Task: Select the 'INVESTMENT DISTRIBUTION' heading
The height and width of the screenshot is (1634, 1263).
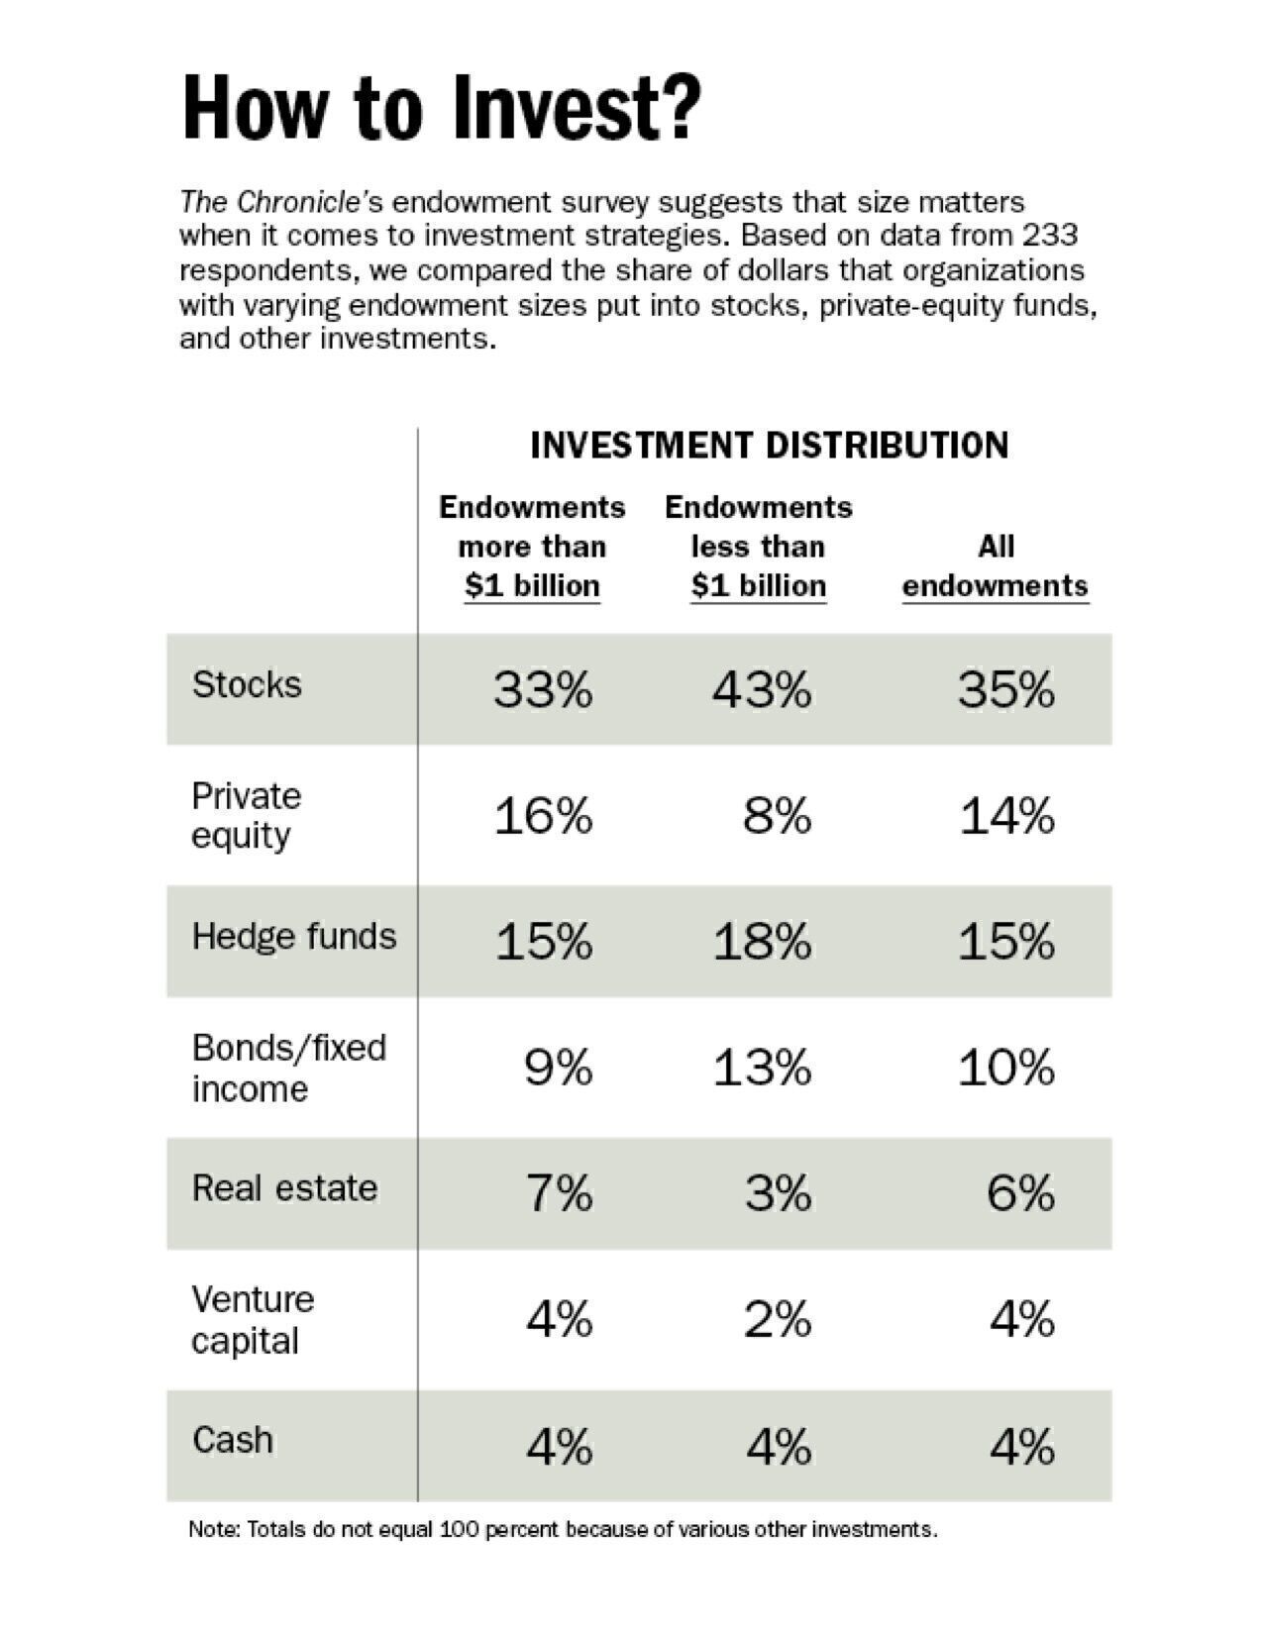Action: click(x=769, y=445)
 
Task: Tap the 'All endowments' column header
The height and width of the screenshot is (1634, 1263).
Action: click(x=995, y=565)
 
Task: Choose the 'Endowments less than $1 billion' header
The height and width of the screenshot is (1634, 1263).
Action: click(x=758, y=546)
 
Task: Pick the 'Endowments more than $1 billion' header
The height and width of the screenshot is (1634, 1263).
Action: click(x=532, y=546)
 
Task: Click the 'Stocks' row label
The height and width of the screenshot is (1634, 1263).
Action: click(x=247, y=684)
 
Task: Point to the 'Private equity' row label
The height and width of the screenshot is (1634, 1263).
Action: click(x=246, y=815)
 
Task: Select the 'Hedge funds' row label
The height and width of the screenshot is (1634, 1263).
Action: click(x=293, y=936)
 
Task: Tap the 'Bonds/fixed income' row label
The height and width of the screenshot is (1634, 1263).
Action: click(x=288, y=1068)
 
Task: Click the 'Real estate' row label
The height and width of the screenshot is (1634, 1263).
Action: click(x=284, y=1187)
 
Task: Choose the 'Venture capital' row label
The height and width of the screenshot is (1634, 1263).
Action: click(x=252, y=1319)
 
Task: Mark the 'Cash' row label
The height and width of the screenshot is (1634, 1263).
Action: click(x=233, y=1439)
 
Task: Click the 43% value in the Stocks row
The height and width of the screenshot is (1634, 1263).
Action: click(x=761, y=688)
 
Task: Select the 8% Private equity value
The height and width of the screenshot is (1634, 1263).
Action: click(x=778, y=816)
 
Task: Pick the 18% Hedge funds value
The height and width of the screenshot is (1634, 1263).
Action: click(x=761, y=941)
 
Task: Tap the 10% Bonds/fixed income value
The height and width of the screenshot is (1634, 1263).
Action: click(x=1005, y=1068)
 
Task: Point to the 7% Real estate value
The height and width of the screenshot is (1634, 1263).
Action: click(x=560, y=1192)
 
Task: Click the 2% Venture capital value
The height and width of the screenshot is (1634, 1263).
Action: click(x=778, y=1319)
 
